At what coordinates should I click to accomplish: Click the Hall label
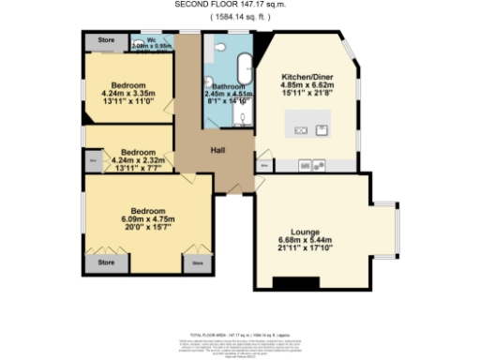point(217,150)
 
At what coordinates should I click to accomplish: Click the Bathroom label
point(228,86)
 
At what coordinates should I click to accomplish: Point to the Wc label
point(137,39)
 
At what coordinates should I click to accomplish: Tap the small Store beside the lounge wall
point(264,165)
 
